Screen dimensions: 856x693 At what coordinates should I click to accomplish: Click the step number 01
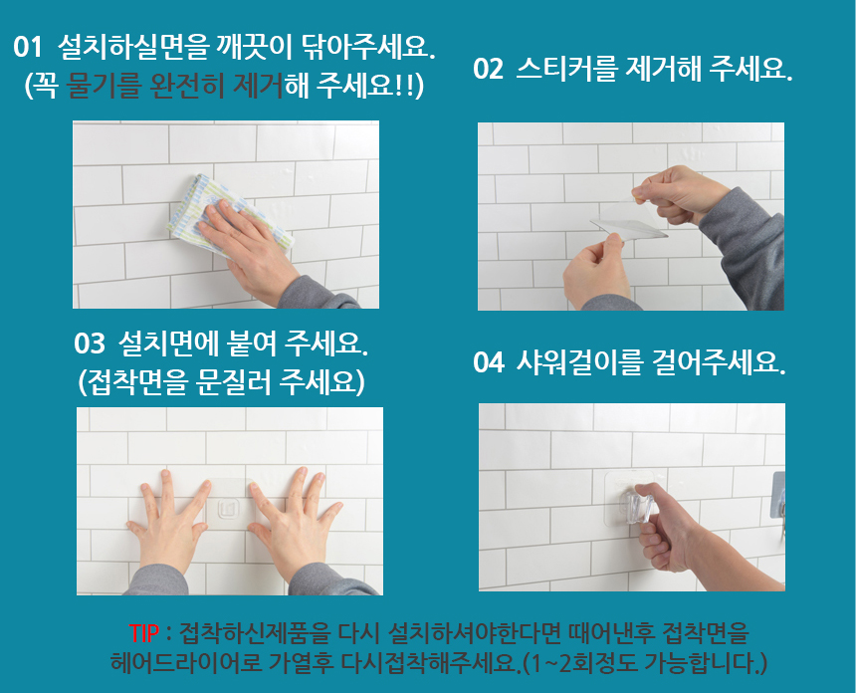point(28,47)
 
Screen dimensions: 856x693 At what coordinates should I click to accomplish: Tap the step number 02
point(488,70)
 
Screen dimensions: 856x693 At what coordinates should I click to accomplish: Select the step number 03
point(89,345)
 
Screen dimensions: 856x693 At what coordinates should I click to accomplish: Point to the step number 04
point(488,362)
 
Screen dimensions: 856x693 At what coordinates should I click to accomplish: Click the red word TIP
point(144,633)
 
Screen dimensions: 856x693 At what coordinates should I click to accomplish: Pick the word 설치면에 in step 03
point(170,345)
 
